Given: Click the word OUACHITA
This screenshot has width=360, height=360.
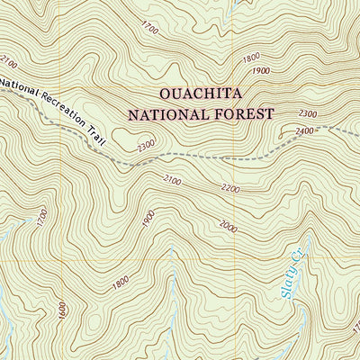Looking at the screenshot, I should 201,94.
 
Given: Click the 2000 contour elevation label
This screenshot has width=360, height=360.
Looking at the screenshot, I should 227,227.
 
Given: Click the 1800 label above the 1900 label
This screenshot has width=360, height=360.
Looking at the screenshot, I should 251,58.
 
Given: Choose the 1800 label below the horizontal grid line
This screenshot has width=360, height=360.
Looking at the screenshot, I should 121,284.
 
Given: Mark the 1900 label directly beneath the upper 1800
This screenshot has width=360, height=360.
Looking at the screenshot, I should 261,71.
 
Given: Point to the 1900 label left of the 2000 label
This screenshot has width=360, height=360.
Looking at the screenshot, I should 148,218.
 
